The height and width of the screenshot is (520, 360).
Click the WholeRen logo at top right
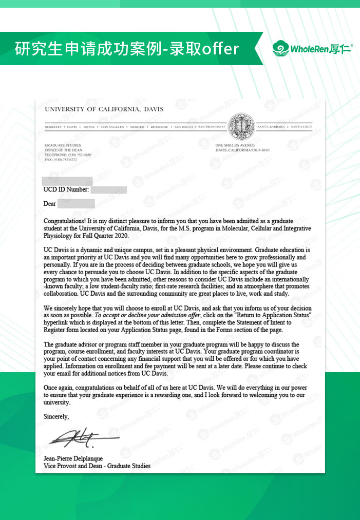[312, 49]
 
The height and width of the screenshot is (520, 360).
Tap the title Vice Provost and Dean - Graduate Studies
[97, 466]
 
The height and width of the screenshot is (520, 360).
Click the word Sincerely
[56, 416]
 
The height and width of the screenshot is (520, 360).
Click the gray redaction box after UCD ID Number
[109, 190]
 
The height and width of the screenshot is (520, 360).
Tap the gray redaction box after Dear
[75, 204]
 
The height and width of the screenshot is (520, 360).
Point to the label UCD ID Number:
[66, 190]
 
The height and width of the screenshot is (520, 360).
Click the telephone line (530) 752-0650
[68, 155]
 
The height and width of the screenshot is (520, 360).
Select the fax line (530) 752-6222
[61, 159]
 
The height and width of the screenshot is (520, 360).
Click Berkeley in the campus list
[53, 126]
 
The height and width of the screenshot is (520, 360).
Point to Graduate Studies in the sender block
[60, 145]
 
